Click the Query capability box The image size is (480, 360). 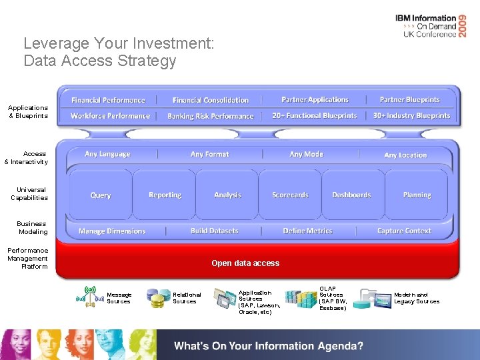tap(101, 195)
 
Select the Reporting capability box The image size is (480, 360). tap(165, 195)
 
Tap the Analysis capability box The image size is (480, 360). tap(227, 195)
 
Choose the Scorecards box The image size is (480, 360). tap(290, 195)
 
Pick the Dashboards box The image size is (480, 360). tap(351, 195)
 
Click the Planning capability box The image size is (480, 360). tap(417, 195)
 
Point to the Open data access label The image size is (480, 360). tap(245, 263)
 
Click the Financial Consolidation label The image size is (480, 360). tap(210, 100)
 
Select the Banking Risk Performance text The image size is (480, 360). tap(210, 116)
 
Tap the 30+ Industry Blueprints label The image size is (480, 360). tap(411, 115)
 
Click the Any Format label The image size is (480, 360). tap(209, 154)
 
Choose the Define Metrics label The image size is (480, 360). tap(307, 231)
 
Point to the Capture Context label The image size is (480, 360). tap(404, 231)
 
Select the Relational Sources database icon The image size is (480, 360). tap(158, 298)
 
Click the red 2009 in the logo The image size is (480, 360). tap(471, 26)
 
